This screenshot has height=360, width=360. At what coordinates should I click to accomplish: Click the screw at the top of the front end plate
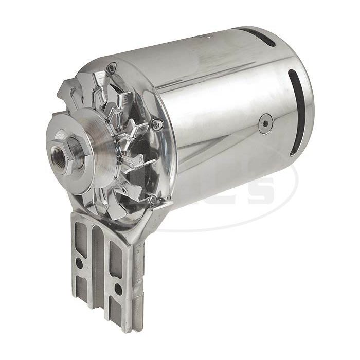[112, 65]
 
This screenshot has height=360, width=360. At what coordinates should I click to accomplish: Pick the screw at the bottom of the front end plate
[153, 199]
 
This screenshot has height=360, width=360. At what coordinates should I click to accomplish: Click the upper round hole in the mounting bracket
[78, 263]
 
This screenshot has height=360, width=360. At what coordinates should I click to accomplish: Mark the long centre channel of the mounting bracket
[98, 267]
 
